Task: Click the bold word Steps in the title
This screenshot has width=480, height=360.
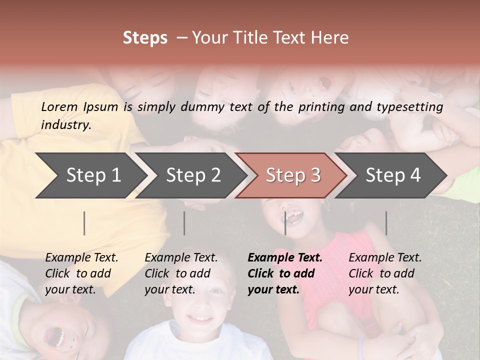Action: pos(145,38)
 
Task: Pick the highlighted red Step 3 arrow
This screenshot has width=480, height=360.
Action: pos(293,175)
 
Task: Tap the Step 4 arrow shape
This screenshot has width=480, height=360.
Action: pos(393,175)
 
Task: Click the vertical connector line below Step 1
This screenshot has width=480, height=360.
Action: pos(84,223)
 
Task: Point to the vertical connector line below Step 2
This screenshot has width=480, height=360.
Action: pos(184,223)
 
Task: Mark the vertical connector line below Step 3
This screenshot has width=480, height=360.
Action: pos(285,223)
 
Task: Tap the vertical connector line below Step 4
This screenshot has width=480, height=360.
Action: pos(386,223)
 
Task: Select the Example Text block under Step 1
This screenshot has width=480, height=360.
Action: pos(81,273)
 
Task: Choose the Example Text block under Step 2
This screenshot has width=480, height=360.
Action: pos(181,273)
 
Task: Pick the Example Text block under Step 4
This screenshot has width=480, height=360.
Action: pos(385,273)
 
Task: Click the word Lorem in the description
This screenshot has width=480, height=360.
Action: pos(59,106)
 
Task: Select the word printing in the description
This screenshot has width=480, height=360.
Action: pos(320,106)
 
